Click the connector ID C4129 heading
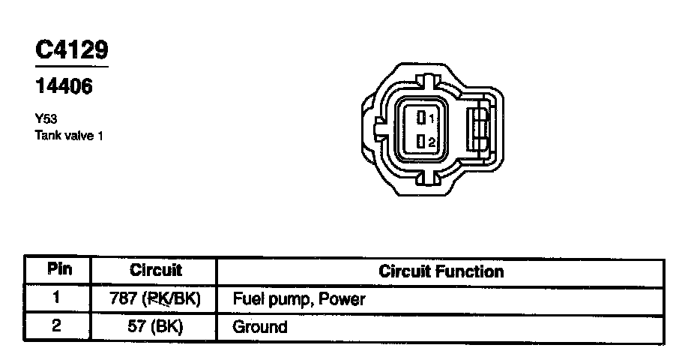click(x=72, y=50)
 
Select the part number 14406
click(x=64, y=87)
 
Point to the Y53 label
click(x=46, y=118)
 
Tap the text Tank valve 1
click(x=68, y=136)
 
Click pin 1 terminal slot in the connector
click(x=423, y=117)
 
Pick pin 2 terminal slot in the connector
click(x=423, y=142)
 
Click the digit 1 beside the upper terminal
click(x=432, y=118)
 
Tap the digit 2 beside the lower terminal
click(x=432, y=142)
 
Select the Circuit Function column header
click(x=441, y=271)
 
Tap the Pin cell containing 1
click(x=56, y=298)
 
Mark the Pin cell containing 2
click(x=57, y=326)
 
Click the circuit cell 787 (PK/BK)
click(x=155, y=299)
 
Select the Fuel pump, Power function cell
click(x=299, y=299)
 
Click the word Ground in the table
click(x=260, y=327)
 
